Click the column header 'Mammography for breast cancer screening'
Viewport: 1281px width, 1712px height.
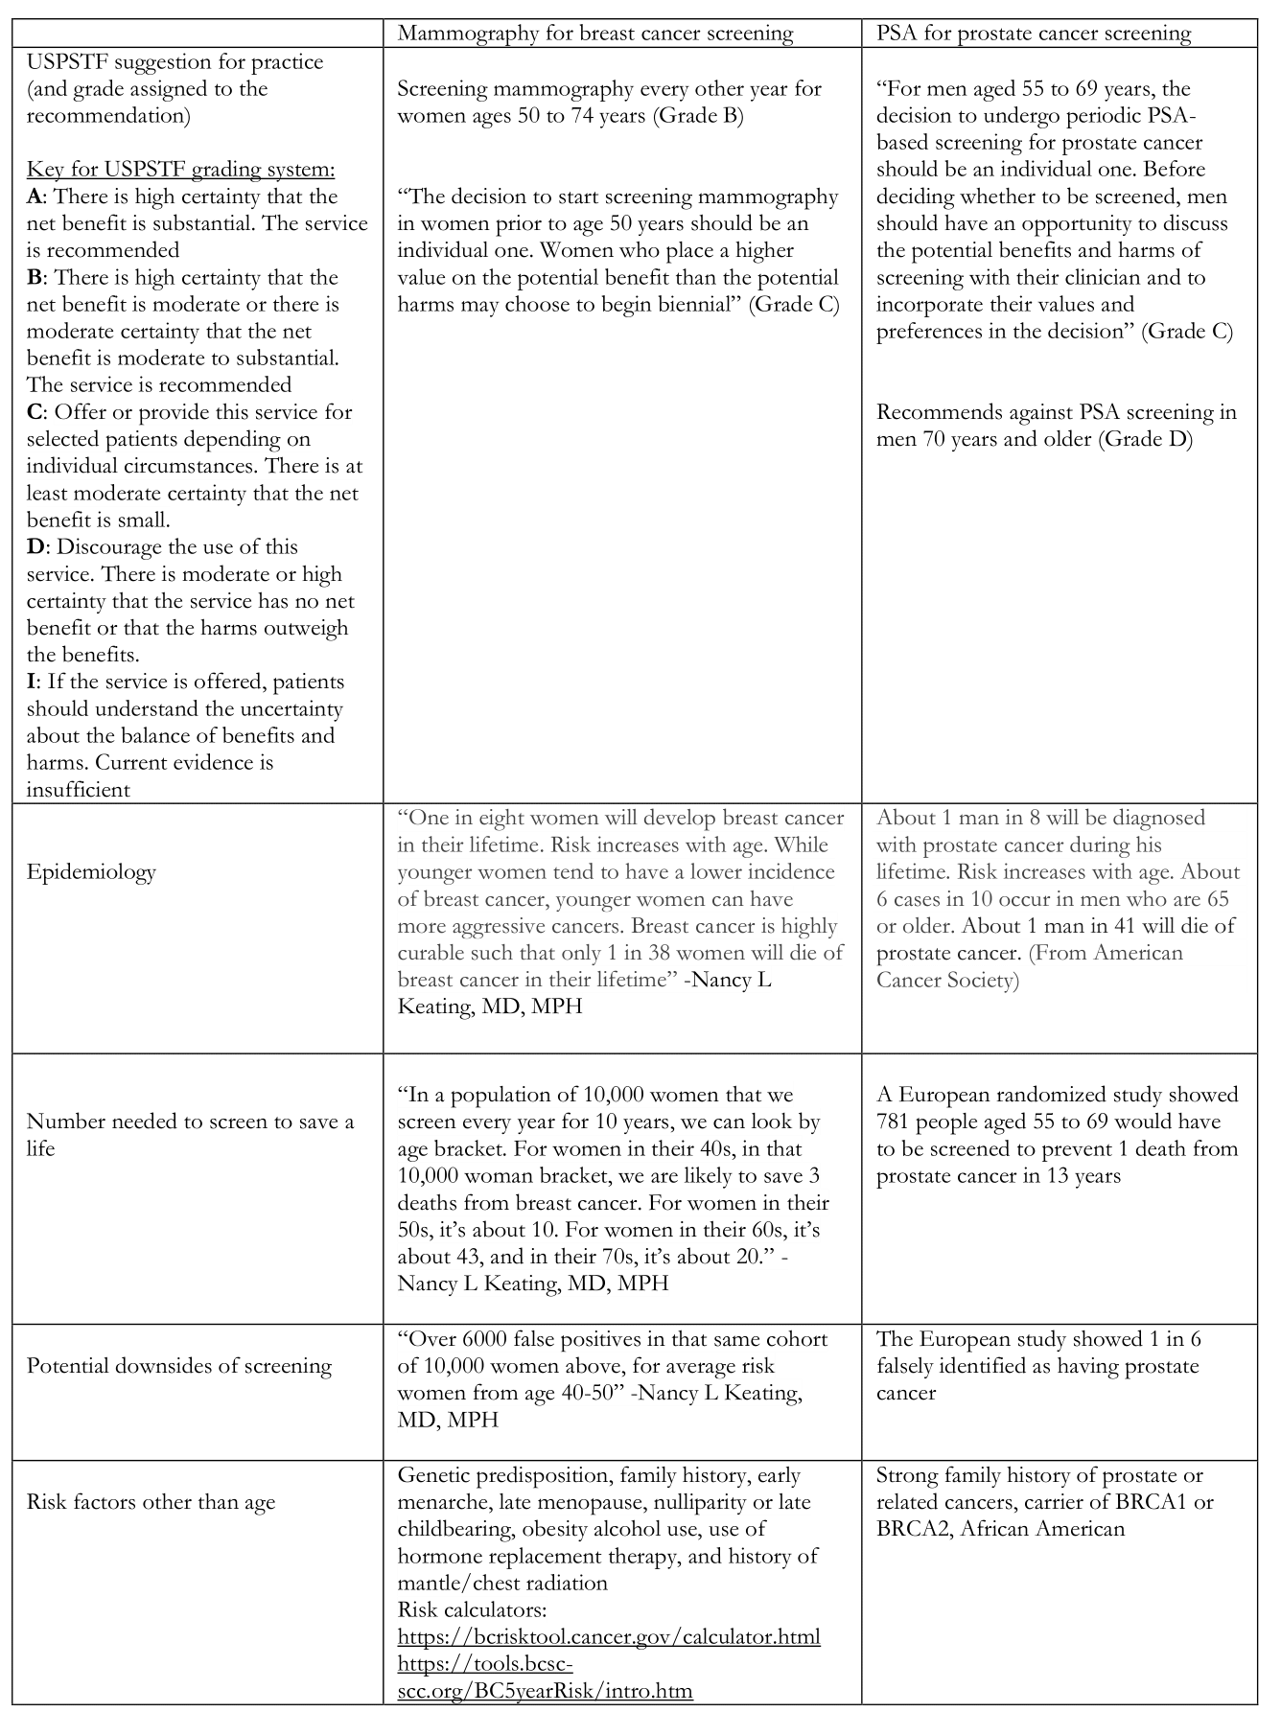click(594, 34)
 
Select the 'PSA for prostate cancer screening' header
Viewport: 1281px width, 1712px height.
click(1034, 34)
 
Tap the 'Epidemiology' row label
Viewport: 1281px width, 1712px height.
click(91, 872)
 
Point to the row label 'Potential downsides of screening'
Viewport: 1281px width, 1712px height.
click(179, 1366)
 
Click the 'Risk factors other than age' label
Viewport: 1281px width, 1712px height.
click(151, 1502)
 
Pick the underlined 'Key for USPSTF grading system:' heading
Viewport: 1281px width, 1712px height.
click(181, 170)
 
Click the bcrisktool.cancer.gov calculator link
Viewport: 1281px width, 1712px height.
click(609, 1636)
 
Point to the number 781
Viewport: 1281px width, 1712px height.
click(897, 1122)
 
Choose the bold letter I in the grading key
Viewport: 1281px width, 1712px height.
click(31, 682)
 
